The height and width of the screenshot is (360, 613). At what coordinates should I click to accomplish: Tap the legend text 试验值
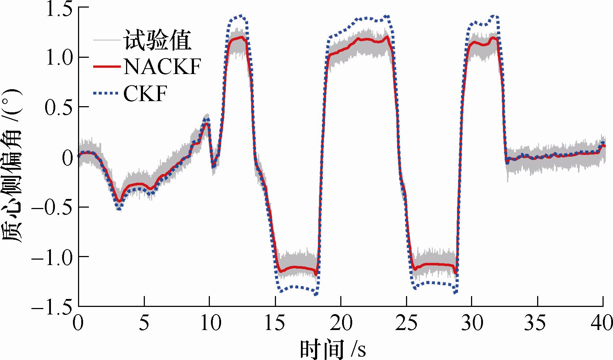tap(157, 40)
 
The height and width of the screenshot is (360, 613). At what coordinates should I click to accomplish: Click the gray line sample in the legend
tap(107, 40)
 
